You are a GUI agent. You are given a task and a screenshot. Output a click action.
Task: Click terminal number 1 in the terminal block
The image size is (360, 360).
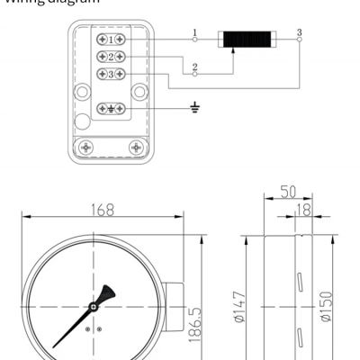tap(110, 40)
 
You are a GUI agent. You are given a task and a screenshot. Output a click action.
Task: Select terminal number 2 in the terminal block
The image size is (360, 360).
tap(110, 57)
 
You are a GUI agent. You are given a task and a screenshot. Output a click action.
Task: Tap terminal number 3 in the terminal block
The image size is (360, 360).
tap(110, 74)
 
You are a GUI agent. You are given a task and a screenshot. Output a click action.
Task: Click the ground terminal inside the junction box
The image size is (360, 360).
tap(110, 108)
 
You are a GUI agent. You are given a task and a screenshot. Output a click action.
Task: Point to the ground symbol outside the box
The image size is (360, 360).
tap(194, 108)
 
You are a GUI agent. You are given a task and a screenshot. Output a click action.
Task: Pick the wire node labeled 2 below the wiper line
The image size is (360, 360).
tap(194, 74)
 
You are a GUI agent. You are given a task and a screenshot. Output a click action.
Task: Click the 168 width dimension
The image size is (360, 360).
tap(103, 210)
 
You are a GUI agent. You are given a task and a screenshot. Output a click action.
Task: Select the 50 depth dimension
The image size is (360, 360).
tap(286, 193)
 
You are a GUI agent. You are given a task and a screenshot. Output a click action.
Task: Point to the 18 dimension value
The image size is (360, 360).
tap(303, 210)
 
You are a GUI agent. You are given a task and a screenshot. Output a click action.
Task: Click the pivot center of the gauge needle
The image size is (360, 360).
tap(93, 308)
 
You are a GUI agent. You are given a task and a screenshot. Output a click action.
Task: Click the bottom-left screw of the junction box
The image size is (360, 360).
tap(87, 146)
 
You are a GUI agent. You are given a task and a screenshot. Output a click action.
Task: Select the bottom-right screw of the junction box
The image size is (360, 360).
tap(135, 146)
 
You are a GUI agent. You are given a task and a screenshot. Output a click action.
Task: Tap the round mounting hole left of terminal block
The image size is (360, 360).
tap(83, 91)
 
